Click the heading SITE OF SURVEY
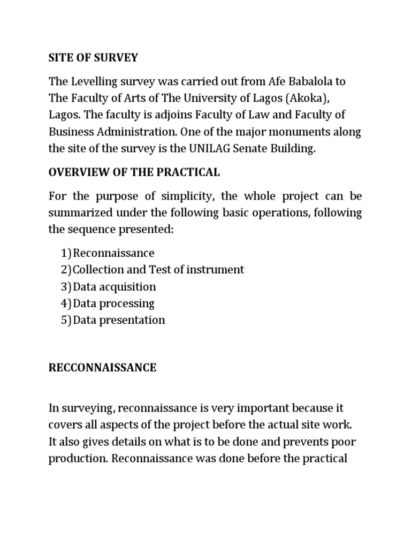pos(93,58)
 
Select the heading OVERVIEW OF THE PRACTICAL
pos(134,172)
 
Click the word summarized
pos(79,213)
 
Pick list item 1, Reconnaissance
pos(113,253)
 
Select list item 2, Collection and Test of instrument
pos(158,270)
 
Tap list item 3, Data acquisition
pos(115,286)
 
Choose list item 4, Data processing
pos(113,303)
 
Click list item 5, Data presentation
pos(119,320)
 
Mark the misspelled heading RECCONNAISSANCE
pos(102,368)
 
